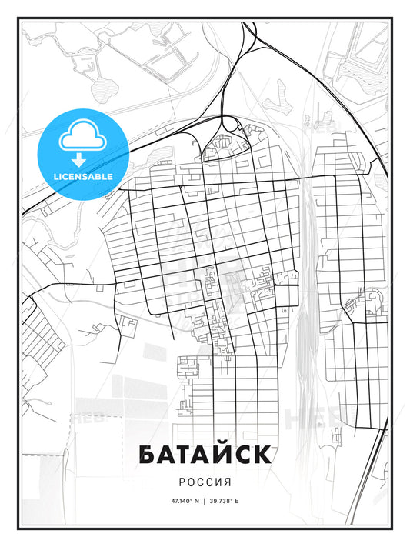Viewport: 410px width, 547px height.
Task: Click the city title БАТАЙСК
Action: click(x=205, y=455)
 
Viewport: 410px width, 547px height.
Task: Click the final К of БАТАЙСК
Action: click(x=261, y=455)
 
